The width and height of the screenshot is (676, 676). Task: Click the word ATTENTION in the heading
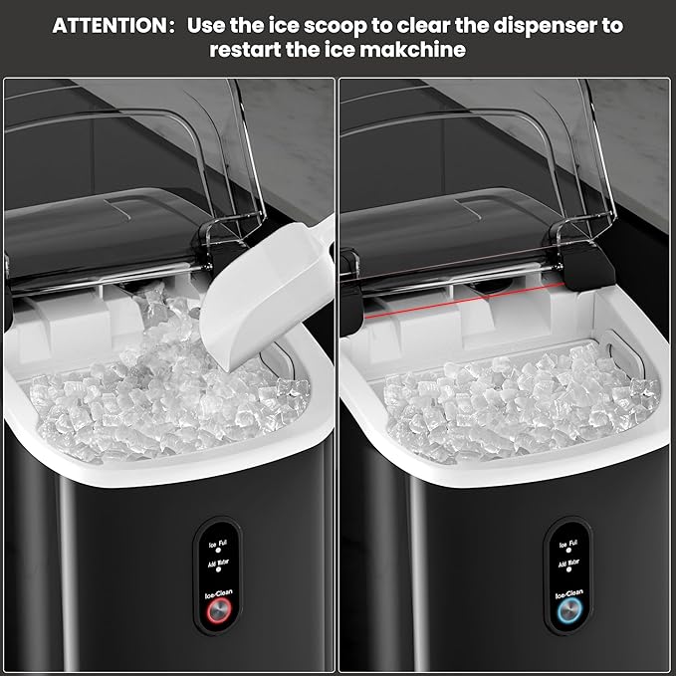click(111, 25)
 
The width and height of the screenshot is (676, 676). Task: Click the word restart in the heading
click(249, 49)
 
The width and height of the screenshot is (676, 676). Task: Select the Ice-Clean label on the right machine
click(568, 596)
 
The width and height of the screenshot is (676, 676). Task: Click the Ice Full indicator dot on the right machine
click(568, 554)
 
